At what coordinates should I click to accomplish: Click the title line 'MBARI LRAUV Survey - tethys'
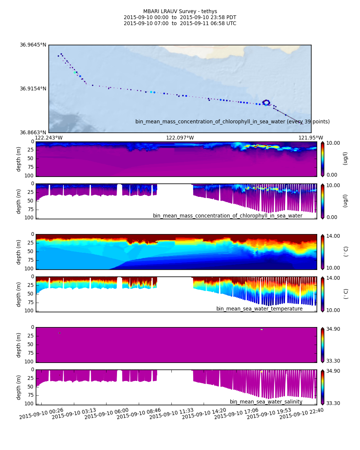(180, 12)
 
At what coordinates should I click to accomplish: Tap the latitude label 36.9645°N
(33, 45)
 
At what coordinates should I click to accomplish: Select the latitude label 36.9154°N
(33, 89)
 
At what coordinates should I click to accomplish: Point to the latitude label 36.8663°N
(33, 132)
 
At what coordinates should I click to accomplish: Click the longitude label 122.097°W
(180, 138)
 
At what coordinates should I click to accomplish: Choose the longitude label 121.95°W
(310, 138)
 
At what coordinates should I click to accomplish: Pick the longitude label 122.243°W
(49, 138)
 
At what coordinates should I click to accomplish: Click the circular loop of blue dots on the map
(266, 102)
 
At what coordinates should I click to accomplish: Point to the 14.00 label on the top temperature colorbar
(333, 236)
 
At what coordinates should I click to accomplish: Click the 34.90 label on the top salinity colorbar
(333, 329)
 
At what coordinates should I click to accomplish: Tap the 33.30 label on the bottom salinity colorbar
(333, 403)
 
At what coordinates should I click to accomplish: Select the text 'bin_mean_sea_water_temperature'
(259, 309)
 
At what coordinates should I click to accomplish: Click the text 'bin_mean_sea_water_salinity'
(266, 402)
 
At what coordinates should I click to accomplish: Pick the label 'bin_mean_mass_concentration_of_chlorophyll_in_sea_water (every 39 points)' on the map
(232, 121)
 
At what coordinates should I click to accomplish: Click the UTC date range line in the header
(180, 24)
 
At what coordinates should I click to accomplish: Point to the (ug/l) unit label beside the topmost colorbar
(345, 158)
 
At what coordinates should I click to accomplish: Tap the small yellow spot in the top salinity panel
(262, 329)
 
